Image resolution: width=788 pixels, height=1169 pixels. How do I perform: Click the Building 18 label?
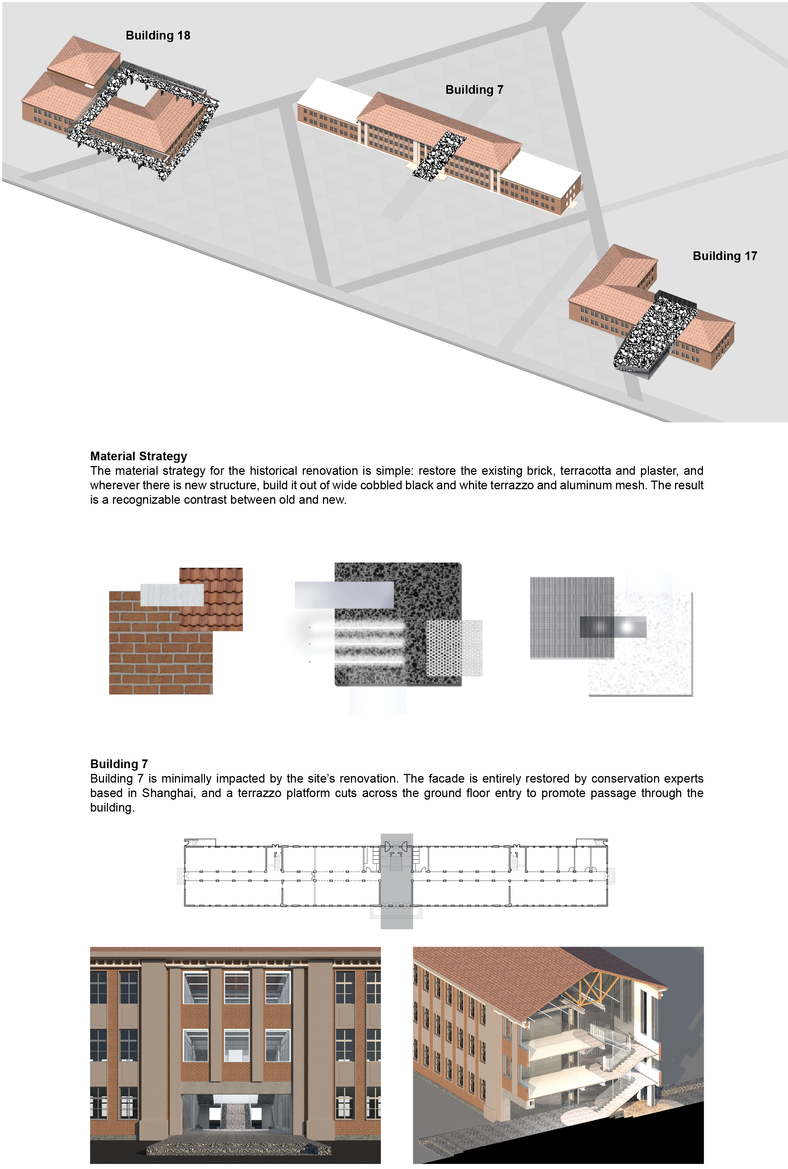click(158, 35)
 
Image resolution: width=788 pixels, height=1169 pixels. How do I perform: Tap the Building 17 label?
click(725, 256)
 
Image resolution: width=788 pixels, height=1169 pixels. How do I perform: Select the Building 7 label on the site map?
click(474, 89)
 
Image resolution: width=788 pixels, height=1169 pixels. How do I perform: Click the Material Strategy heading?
click(139, 456)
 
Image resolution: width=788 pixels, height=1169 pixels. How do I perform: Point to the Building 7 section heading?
click(119, 763)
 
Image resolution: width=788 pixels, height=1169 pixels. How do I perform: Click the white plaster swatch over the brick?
click(172, 595)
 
